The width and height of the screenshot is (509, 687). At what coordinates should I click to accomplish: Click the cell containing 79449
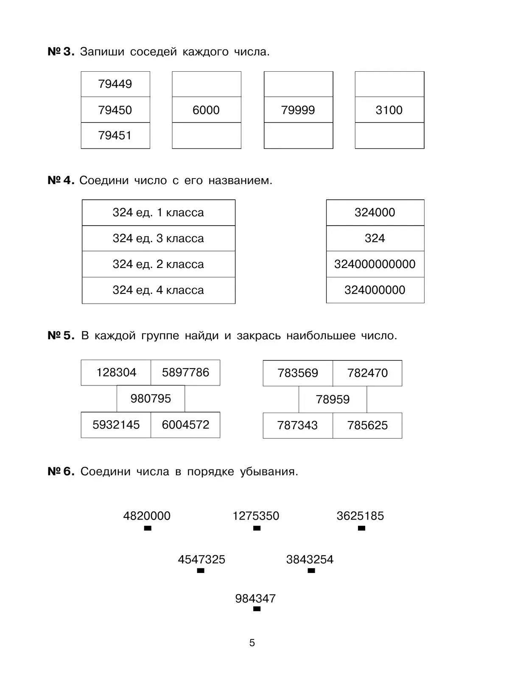coord(115,84)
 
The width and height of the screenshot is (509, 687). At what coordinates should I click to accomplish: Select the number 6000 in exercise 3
coord(206,110)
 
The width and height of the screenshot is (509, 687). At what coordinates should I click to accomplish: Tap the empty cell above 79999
coord(298,84)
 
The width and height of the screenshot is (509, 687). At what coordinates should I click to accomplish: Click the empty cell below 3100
coord(389,136)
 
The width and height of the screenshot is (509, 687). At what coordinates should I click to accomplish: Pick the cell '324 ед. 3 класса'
coord(158,238)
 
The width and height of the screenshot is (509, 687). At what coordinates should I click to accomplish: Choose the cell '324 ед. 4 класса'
coord(158,290)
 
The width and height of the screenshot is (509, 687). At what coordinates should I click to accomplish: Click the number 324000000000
coord(375,264)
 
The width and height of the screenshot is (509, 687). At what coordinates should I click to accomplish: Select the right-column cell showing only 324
coord(375,238)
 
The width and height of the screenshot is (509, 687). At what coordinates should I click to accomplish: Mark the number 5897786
coord(185,372)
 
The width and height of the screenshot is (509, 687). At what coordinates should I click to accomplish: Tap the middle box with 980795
coord(151,399)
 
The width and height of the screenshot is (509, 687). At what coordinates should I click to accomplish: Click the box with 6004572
coord(185,424)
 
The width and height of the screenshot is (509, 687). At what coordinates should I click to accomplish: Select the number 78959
coord(333,399)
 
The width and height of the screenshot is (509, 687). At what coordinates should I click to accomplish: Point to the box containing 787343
coord(297,425)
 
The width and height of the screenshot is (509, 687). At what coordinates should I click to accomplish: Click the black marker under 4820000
coord(148,528)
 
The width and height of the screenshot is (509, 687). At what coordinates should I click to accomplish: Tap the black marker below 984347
coord(257,609)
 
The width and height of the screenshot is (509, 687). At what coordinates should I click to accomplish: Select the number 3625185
coord(360,516)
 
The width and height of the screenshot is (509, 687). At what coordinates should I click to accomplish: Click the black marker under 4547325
coord(201,571)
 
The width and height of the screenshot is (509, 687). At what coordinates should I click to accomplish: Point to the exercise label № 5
coord(61,336)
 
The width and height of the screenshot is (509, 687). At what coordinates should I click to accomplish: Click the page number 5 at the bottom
coord(252,643)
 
